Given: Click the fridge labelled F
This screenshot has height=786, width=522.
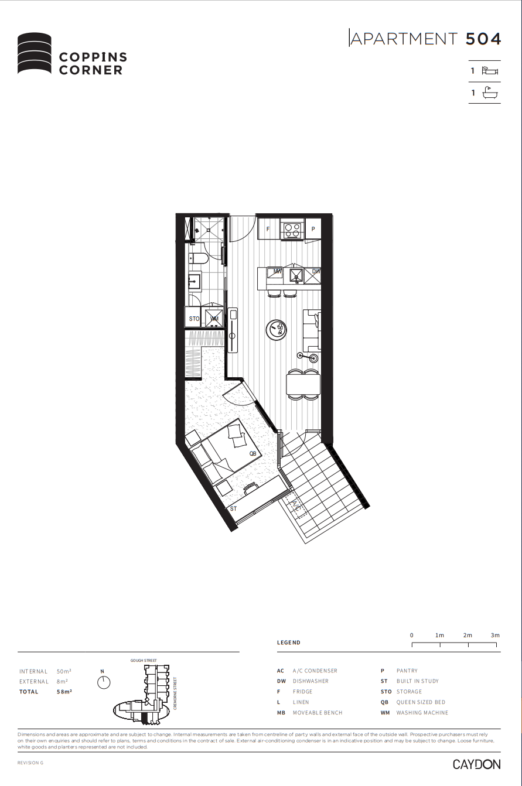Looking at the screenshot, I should click(x=268, y=228).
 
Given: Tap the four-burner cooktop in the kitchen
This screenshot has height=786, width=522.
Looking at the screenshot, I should click(x=292, y=228).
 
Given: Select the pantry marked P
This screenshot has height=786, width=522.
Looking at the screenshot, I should click(x=313, y=228).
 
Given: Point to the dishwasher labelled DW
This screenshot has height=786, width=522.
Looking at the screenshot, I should click(x=315, y=272).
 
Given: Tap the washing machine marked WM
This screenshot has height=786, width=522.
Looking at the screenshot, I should click(x=214, y=319).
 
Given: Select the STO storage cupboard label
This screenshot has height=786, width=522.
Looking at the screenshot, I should click(x=195, y=319).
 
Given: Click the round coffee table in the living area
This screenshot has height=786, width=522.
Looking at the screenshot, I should click(x=277, y=329).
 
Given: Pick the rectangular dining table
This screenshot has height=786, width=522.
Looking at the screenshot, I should click(x=303, y=385).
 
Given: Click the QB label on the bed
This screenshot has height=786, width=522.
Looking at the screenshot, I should click(x=253, y=453).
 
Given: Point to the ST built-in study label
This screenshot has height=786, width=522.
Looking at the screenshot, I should click(x=233, y=508).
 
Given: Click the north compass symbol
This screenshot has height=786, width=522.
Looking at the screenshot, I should click(x=104, y=682).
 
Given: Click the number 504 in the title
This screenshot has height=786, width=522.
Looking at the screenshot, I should click(x=483, y=39).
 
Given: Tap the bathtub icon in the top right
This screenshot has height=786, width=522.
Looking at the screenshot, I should click(x=489, y=93).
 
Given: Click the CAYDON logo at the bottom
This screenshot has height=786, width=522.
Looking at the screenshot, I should click(x=476, y=764).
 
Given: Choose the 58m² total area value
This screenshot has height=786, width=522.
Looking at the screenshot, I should click(x=64, y=692).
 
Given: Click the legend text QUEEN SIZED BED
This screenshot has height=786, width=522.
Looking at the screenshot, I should click(x=421, y=702).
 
